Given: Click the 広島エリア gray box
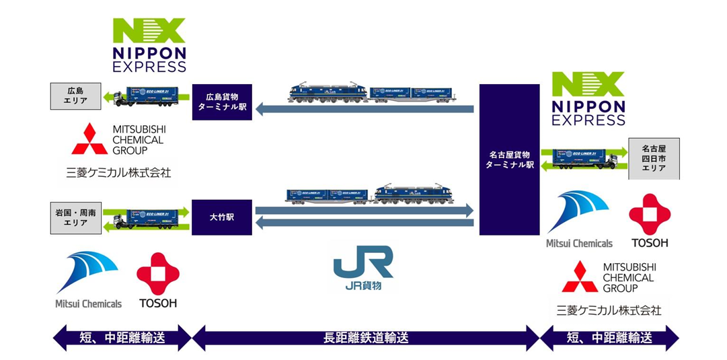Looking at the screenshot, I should [75, 96].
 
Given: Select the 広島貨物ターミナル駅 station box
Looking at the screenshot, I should [222, 102].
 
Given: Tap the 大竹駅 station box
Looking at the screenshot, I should [222, 217].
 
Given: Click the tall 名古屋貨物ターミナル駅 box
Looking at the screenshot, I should [510, 159].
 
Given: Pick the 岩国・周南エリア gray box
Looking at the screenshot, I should [75, 217].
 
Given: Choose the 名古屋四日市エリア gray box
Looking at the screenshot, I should [654, 159].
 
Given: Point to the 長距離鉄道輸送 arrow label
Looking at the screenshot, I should [365, 338].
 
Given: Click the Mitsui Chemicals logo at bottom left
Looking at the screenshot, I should [88, 280].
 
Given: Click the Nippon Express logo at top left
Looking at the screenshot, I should [149, 45].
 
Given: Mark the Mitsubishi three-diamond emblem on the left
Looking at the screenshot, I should [90, 139].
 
